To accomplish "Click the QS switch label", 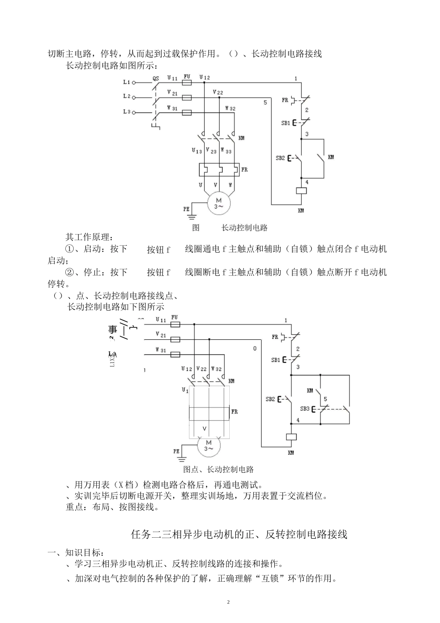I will pyautogui.click(x=156, y=79).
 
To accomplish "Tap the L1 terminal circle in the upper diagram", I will pyautogui.click(x=134, y=83).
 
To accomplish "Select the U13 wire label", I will pyautogui.click(x=197, y=151).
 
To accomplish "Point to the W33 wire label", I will pyautogui.click(x=226, y=151).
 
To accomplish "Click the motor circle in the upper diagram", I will pyautogui.click(x=218, y=203).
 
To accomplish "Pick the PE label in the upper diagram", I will pyautogui.click(x=186, y=209).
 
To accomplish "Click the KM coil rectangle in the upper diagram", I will pyautogui.click(x=301, y=191).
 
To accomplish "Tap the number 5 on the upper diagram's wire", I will pyautogui.click(x=265, y=102).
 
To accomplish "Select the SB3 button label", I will pyautogui.click(x=304, y=409).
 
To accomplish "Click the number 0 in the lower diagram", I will pyautogui.click(x=254, y=348).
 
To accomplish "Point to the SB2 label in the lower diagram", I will pyautogui.click(x=270, y=399).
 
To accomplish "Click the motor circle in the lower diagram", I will pyautogui.click(x=209, y=446).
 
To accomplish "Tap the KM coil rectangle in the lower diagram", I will pyautogui.click(x=291, y=437).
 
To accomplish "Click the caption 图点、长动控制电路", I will pyautogui.click(x=219, y=470).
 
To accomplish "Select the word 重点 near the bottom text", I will pyautogui.click(x=75, y=507).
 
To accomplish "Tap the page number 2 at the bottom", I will pyautogui.click(x=228, y=602).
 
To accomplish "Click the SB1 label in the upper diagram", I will pyautogui.click(x=286, y=123).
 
